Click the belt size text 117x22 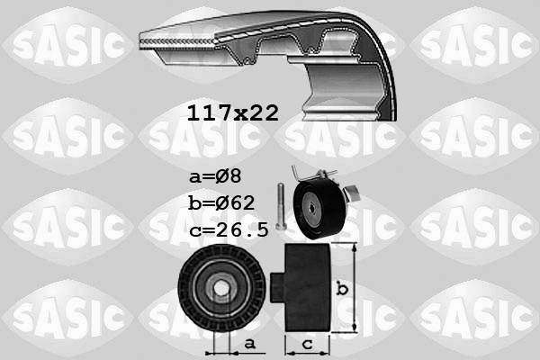[x=233, y=113]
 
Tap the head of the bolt [x=281, y=186]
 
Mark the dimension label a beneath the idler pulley [x=249, y=343]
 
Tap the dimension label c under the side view [x=306, y=343]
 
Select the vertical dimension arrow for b [x=356, y=287]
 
